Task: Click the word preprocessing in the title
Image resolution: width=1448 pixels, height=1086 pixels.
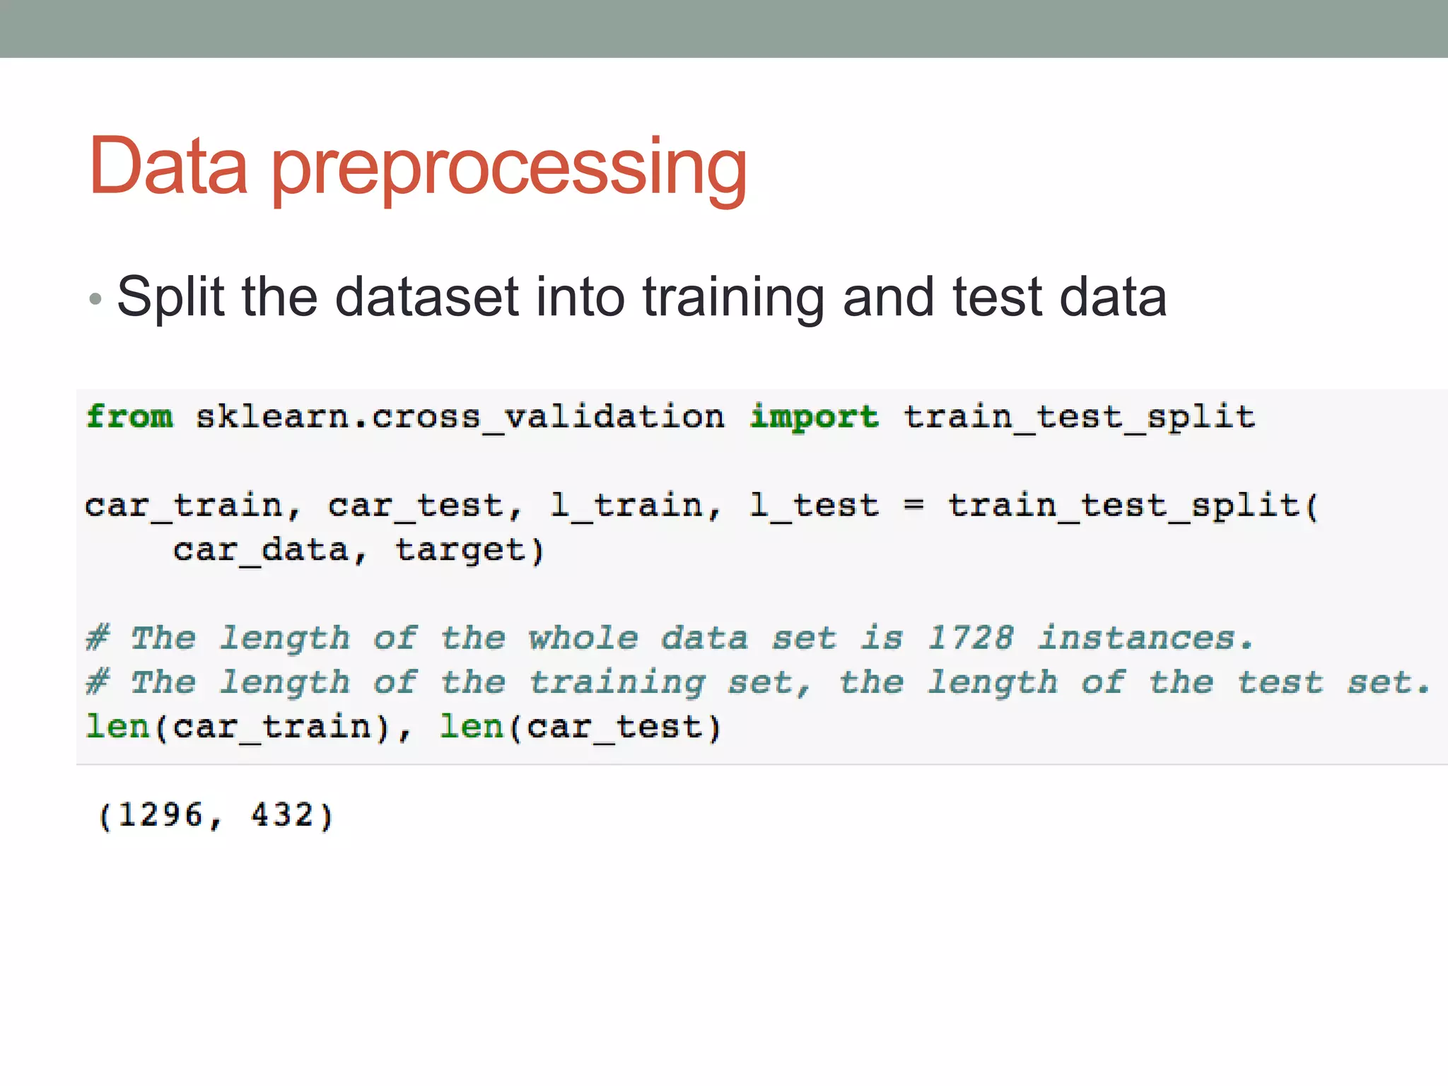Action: pos(509,170)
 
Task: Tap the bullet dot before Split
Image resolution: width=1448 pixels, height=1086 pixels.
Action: pos(95,299)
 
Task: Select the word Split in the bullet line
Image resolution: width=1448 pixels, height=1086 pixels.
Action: pos(170,298)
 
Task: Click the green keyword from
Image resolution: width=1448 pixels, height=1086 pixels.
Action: pos(129,416)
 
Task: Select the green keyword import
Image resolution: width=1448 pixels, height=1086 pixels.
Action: pos(814,416)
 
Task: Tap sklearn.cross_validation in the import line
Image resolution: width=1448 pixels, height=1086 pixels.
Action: pos(460,416)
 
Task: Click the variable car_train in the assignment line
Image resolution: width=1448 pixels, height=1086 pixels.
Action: pos(184,506)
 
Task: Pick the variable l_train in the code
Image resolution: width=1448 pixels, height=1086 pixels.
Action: pos(626,506)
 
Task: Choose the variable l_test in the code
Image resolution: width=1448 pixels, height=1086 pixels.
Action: pos(814,506)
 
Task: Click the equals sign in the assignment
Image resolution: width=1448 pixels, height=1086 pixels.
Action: pos(913,506)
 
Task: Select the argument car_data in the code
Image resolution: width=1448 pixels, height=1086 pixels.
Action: pos(262,550)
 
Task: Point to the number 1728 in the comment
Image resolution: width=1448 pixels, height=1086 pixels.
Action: pos(970,638)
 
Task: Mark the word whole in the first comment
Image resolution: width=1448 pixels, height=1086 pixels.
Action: pos(583,638)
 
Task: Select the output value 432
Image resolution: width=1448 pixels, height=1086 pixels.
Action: pos(283,815)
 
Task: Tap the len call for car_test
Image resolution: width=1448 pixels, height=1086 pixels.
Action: pos(580,727)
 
